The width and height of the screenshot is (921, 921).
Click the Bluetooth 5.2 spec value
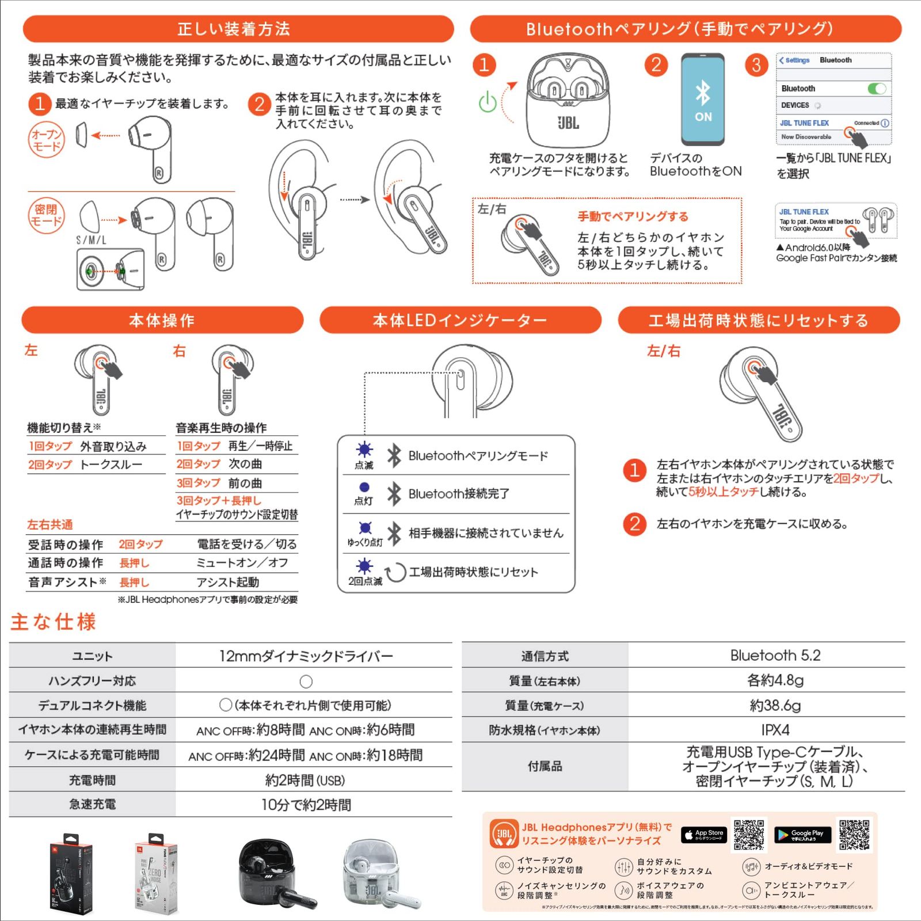(775, 656)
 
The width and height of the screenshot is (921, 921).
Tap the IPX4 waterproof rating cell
(775, 730)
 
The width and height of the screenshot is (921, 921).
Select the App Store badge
(703, 835)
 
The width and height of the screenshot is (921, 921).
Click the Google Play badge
(802, 835)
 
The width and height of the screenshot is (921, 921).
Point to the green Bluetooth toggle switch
(877, 89)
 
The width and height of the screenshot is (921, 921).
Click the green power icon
(488, 102)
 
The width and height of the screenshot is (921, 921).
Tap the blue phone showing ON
(702, 100)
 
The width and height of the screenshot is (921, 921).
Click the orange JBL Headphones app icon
(504, 834)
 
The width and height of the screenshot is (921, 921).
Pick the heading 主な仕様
(53, 622)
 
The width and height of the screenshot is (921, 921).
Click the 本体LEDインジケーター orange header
(460, 320)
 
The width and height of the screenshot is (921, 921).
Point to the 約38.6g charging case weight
(775, 705)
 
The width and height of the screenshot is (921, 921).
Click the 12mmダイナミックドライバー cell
(306, 656)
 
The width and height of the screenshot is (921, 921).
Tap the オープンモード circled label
(47, 140)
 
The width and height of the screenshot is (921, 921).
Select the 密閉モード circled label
(47, 215)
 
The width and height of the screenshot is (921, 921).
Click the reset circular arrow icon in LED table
(395, 572)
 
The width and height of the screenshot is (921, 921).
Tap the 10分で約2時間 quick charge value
(306, 805)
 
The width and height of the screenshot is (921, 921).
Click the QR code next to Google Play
(854, 835)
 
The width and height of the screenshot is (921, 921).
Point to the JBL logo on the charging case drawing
(568, 123)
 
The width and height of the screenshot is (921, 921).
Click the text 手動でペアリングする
(633, 216)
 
